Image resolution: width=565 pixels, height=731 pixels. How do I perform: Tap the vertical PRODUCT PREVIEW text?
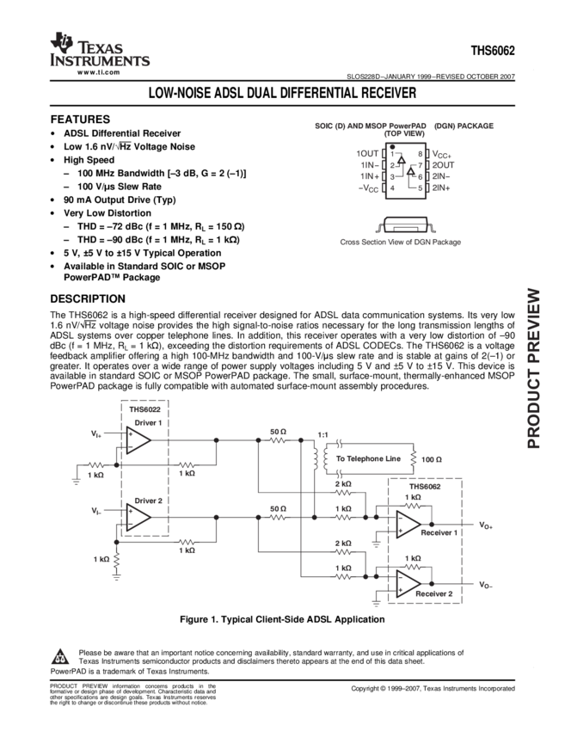(534, 367)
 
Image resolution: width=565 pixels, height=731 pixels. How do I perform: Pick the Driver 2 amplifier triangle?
(138, 516)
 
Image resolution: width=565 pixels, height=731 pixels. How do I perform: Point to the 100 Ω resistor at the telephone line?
(413, 458)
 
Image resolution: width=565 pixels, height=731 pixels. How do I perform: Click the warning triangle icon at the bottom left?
(60, 658)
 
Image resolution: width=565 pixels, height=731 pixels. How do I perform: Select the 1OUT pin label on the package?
(367, 153)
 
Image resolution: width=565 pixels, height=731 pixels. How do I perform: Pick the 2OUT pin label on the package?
(443, 163)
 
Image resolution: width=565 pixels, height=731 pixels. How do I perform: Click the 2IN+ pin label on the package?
(442, 186)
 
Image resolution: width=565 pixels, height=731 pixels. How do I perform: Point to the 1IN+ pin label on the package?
(369, 175)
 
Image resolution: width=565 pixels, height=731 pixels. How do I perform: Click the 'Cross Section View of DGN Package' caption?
(400, 243)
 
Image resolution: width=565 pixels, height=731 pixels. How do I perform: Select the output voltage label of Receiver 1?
(485, 525)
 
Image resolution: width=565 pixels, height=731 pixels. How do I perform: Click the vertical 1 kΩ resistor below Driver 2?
(116, 560)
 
